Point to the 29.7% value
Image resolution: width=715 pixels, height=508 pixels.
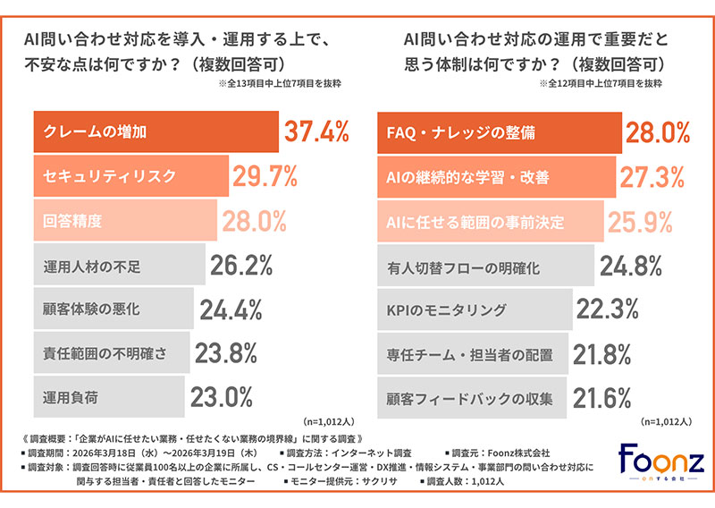click(x=265, y=176)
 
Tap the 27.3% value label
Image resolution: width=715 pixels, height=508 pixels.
click(x=653, y=176)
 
